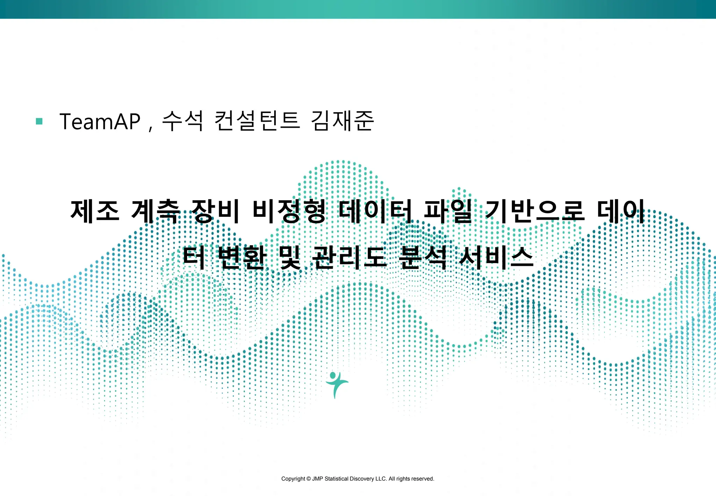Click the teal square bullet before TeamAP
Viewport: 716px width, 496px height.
click(39, 121)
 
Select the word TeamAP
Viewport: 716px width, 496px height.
click(100, 122)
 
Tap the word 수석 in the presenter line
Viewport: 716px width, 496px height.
click(182, 121)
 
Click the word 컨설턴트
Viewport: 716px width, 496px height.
click(257, 121)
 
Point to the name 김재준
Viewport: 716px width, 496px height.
click(343, 121)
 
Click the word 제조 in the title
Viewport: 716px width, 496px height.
click(95, 211)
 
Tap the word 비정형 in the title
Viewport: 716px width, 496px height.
click(289, 211)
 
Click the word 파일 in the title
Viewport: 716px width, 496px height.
click(448, 211)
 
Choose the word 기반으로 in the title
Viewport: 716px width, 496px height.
click(535, 211)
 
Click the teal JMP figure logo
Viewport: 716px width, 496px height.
click(336, 384)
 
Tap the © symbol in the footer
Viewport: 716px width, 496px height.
click(309, 479)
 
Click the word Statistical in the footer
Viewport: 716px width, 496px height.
click(336, 479)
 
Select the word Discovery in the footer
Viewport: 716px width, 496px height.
click(362, 479)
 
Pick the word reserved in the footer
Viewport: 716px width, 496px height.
click(423, 479)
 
